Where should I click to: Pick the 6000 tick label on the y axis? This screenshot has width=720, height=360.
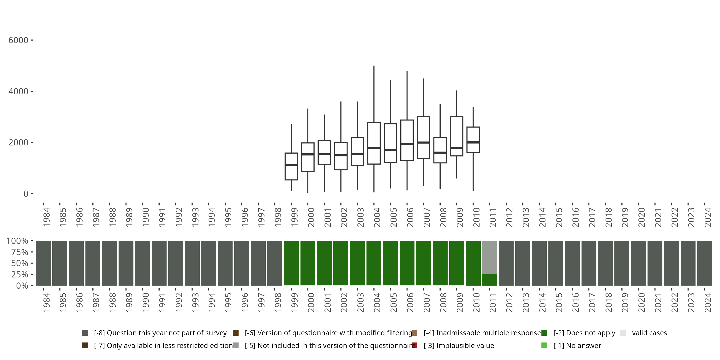pos(18,40)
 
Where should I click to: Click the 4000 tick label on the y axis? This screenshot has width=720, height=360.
pos(18,91)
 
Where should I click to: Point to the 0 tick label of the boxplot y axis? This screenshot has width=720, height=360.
pos(26,194)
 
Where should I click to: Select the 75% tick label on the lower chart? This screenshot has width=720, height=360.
pos(20,252)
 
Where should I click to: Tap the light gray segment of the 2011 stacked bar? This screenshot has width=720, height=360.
pos(489,257)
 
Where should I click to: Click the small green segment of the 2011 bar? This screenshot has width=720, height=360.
pos(489,280)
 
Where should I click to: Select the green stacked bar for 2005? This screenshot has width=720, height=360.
pos(390,263)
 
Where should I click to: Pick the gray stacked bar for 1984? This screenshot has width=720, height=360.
pos(43,263)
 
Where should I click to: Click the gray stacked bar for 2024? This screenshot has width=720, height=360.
pos(704,263)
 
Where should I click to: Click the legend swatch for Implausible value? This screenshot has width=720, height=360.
pos(414,345)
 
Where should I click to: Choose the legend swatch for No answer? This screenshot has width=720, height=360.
pos(544,345)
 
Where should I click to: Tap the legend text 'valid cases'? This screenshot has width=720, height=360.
pos(649,333)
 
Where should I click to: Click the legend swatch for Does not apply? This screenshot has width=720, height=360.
pos(544,333)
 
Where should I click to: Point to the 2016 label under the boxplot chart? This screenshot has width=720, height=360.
pos(575,217)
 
